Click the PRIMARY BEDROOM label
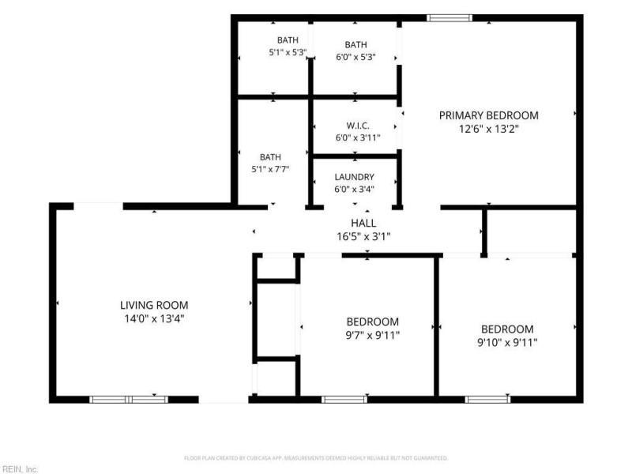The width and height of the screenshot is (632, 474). tap(488, 115)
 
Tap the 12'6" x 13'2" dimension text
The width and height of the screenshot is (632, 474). tap(488, 129)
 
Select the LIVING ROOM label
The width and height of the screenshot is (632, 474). tap(154, 305)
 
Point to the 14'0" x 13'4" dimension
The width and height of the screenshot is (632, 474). tap(154, 319)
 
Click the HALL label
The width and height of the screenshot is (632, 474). tap(363, 223)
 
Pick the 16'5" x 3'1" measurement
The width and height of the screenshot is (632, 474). tap(363, 236)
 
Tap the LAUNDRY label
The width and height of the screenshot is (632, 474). tap(354, 177)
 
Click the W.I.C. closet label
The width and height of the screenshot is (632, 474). tap(358, 126)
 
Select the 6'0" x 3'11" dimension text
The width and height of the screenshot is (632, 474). tap(358, 137)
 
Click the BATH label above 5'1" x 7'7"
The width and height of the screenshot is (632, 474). tap(270, 157)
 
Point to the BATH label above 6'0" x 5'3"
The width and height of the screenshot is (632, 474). tap(356, 45)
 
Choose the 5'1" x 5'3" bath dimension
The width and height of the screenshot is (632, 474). tap(288, 52)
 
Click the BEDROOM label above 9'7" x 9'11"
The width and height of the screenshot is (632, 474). tap(372, 322)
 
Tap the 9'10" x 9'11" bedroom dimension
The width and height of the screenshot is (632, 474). tap(507, 343)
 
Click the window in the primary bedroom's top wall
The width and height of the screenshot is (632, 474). tap(449, 17)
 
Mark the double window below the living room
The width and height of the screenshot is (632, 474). tap(129, 400)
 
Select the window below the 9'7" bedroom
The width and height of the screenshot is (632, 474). tap(344, 400)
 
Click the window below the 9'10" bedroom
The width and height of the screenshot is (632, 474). tap(487, 400)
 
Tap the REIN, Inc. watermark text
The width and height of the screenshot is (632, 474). tap(19, 469)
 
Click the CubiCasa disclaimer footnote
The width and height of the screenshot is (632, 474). tap(316, 458)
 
